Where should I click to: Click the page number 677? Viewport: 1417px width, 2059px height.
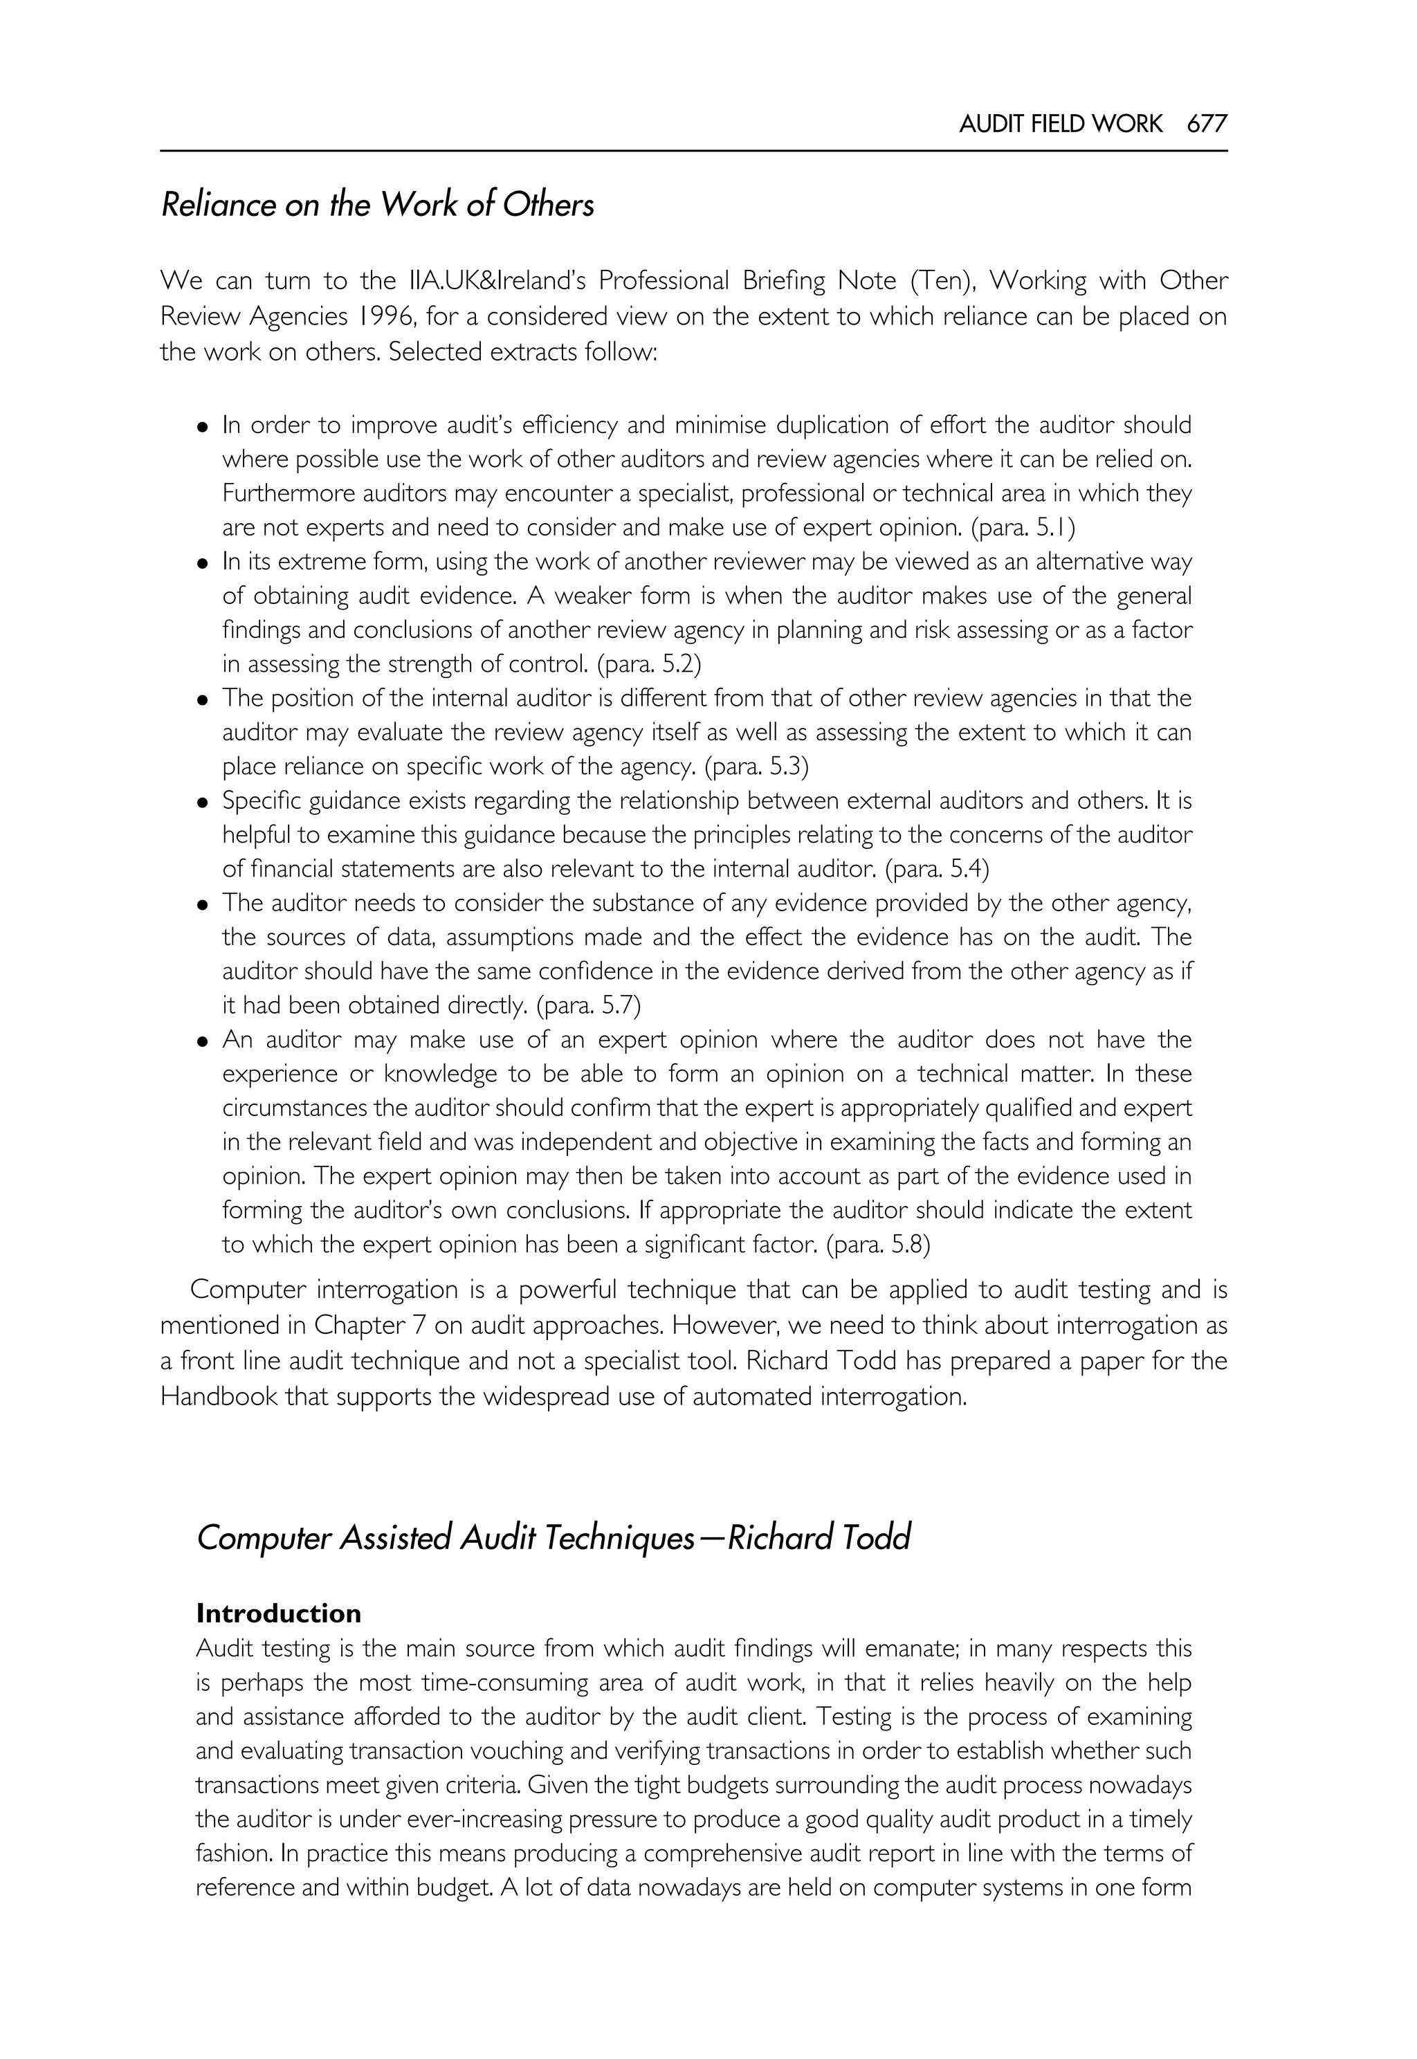[1207, 123]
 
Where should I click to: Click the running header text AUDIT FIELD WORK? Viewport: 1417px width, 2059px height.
[1060, 123]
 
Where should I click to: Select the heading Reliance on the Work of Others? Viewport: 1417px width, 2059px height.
[377, 205]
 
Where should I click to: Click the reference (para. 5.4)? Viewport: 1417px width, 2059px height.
[937, 868]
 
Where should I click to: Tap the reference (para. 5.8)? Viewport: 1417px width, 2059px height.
[878, 1244]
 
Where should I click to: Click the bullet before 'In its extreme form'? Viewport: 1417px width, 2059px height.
[203, 563]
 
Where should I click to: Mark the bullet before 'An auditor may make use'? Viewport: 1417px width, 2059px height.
[203, 1041]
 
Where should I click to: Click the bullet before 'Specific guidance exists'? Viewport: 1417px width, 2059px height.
[203, 802]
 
